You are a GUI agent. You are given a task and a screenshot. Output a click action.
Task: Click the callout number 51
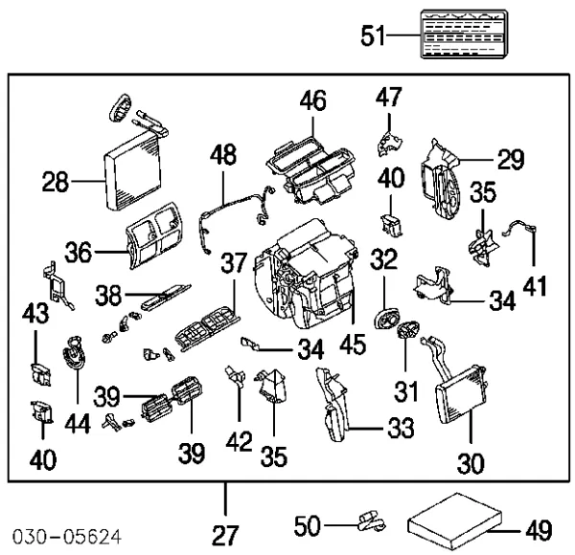pos(373,35)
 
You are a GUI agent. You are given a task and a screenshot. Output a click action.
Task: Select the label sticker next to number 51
pos(464,34)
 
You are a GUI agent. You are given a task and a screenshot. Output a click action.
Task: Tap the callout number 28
pos(56,182)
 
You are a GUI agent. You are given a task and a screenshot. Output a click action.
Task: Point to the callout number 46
pos(312,100)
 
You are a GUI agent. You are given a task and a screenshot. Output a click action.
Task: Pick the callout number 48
pos(223,154)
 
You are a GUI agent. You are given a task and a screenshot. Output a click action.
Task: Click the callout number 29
pos(511,159)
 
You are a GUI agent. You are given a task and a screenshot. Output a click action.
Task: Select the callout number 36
pos(79,252)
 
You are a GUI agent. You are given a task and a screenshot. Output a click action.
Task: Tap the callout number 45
pos(353,344)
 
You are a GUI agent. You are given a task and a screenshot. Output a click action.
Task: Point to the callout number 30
pos(471,463)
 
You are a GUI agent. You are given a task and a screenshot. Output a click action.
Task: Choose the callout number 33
pos(402,427)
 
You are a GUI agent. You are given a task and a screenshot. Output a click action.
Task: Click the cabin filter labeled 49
pos(454,521)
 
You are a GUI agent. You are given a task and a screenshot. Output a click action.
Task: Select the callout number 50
pos(308,525)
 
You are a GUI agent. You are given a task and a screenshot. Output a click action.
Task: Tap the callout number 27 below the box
pos(225,535)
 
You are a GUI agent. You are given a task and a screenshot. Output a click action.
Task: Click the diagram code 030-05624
pos(67,537)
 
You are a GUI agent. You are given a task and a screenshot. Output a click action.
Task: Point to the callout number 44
pos(78,423)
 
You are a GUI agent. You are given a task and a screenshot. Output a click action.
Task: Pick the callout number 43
pos(35,313)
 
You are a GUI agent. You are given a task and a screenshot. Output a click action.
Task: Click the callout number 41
pos(535,286)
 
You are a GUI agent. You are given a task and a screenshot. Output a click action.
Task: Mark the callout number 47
pos(389,97)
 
